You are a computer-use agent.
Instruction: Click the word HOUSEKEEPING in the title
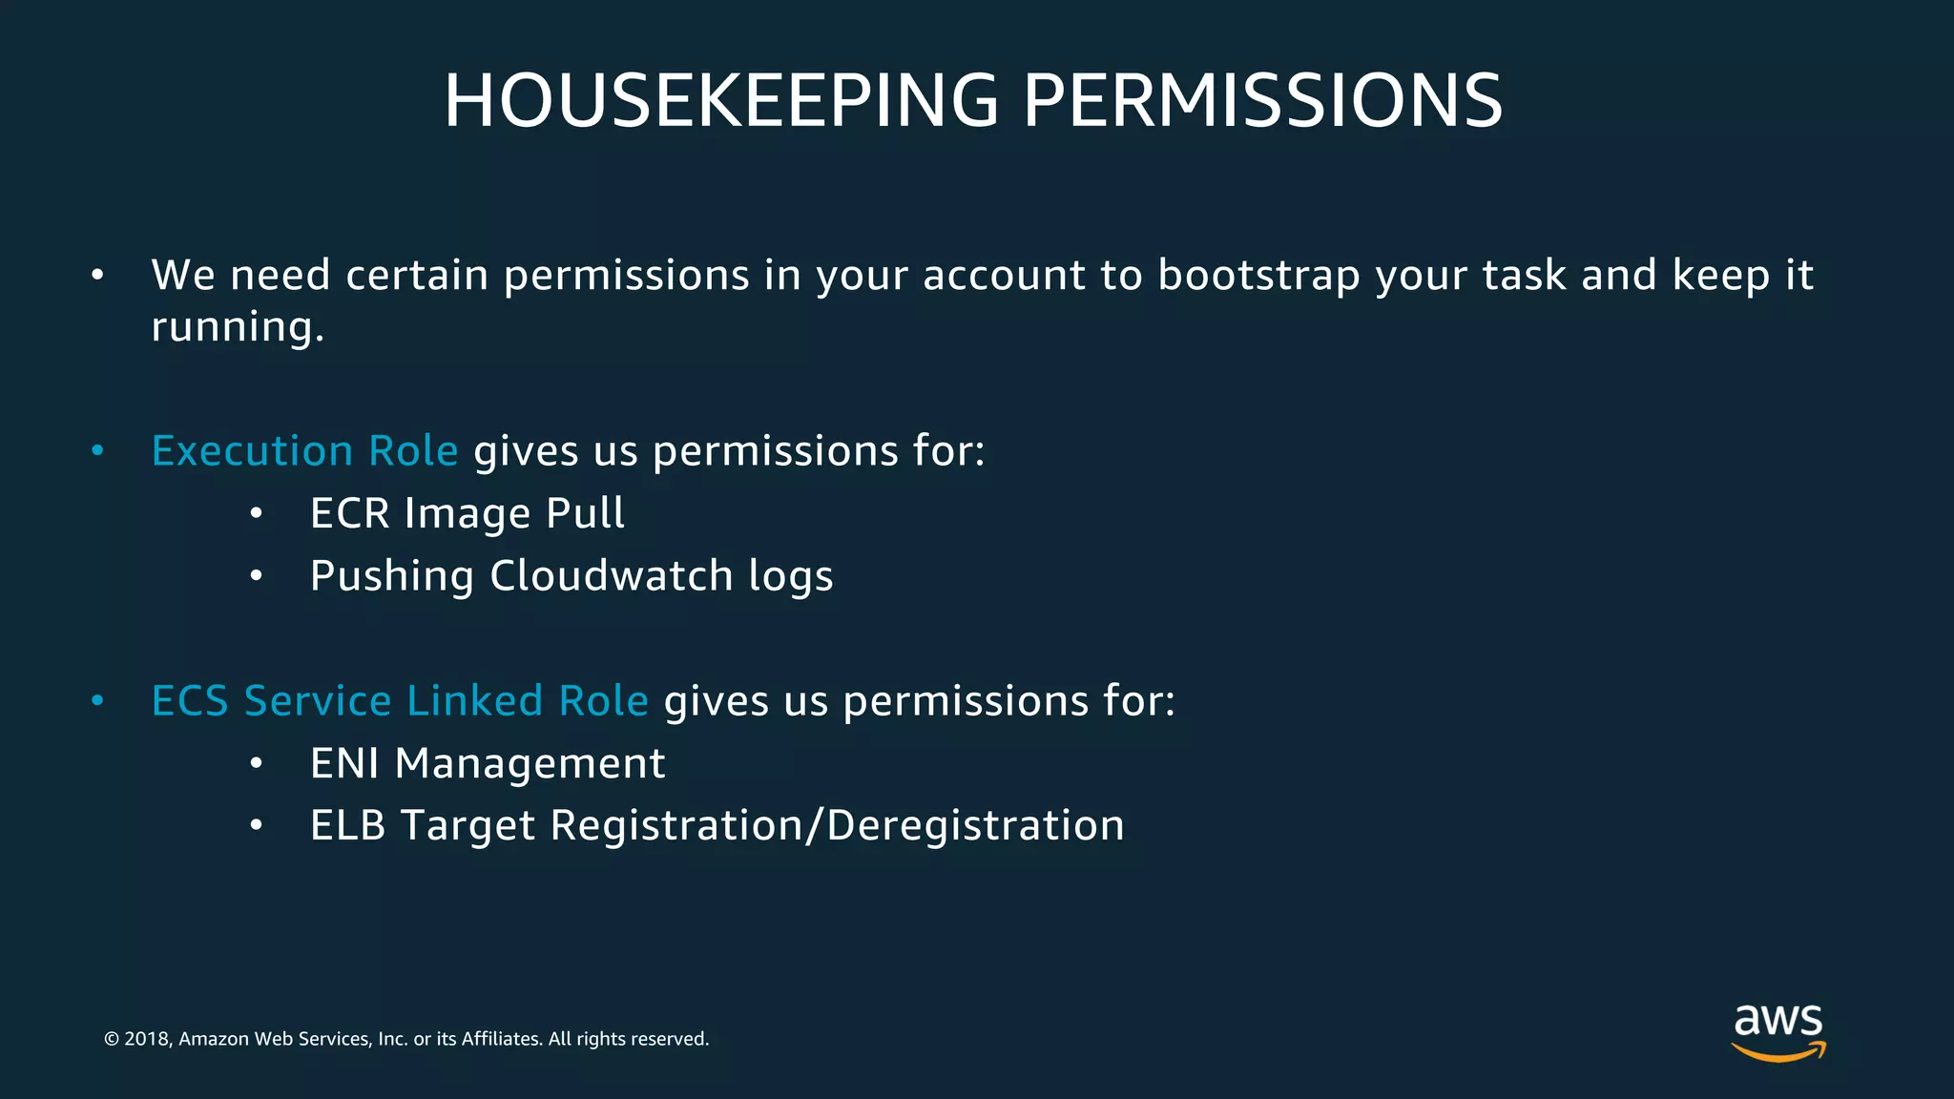click(x=721, y=100)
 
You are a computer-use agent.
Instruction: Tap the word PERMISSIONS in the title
click(x=1262, y=100)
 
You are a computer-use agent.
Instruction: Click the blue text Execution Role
click(x=304, y=450)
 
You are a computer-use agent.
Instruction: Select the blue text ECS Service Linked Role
click(x=400, y=700)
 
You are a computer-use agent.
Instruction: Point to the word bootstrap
click(x=1258, y=276)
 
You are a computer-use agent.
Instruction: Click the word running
click(x=237, y=327)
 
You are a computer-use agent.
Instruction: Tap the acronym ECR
click(x=350, y=513)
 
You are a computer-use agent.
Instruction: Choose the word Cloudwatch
click(x=612, y=575)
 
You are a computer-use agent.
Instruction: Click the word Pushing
click(x=392, y=577)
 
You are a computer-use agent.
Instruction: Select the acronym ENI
click(x=344, y=763)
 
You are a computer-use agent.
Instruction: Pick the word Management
click(x=530, y=764)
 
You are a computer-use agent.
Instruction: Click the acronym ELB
click(x=347, y=825)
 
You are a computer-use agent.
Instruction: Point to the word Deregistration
click(x=975, y=826)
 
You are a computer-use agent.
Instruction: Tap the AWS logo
click(x=1777, y=1031)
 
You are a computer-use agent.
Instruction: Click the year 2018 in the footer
click(x=146, y=1039)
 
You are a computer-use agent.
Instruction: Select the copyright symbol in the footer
click(x=112, y=1039)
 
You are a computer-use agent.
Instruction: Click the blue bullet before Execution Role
click(x=97, y=450)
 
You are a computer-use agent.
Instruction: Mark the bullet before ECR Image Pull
click(x=256, y=514)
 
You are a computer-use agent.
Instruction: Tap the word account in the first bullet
click(x=1004, y=276)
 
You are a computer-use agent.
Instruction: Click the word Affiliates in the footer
click(x=500, y=1039)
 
